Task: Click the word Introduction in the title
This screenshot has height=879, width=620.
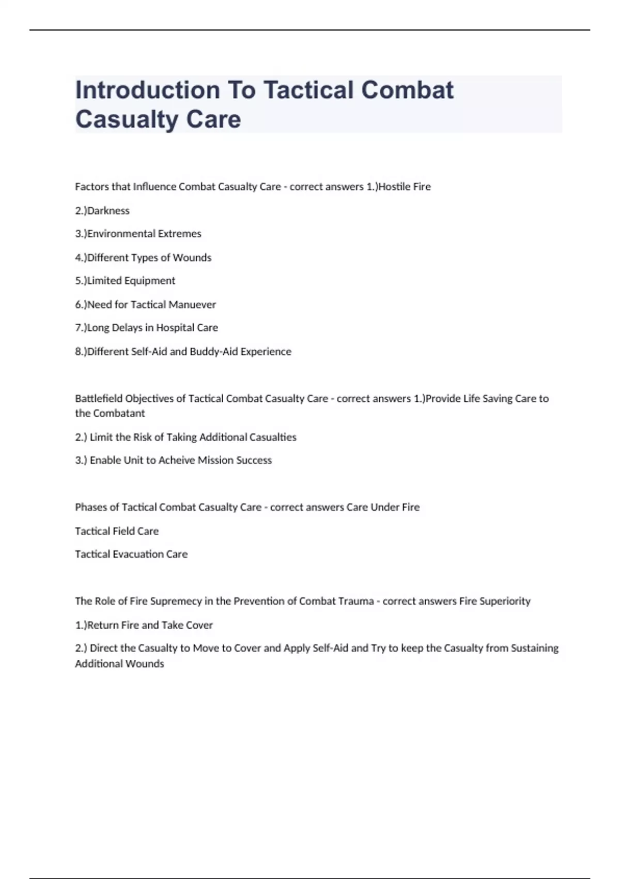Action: [147, 90]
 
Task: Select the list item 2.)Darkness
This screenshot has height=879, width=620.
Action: [102, 210]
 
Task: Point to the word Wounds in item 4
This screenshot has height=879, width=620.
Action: [192, 257]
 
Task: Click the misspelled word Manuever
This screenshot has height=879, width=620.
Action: [192, 305]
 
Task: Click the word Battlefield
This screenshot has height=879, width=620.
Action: [99, 399]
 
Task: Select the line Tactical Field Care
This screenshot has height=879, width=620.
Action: [117, 531]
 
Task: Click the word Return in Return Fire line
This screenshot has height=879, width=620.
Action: [103, 625]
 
